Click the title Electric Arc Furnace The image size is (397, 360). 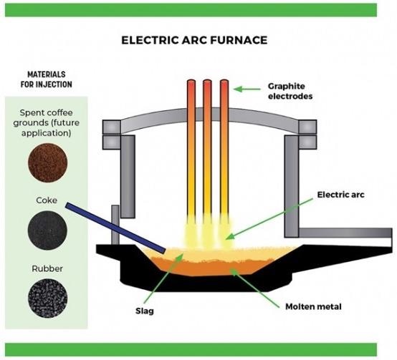point(194,40)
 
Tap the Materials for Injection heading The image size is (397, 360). point(47,79)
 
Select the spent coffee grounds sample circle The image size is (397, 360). point(47,162)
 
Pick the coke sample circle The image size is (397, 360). point(47,230)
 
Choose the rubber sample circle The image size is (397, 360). point(47,298)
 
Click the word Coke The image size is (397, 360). point(47,200)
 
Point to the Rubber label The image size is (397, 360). point(47,268)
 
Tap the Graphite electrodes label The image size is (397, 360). point(290,91)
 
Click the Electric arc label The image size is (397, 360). point(340,195)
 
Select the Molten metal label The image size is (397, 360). point(313,306)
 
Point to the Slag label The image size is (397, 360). point(145,311)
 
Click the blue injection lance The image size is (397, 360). point(115,228)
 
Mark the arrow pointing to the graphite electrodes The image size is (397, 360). point(247,89)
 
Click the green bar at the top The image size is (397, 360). point(191,10)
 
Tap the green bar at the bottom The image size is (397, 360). point(191,350)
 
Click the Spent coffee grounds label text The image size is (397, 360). point(47,122)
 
